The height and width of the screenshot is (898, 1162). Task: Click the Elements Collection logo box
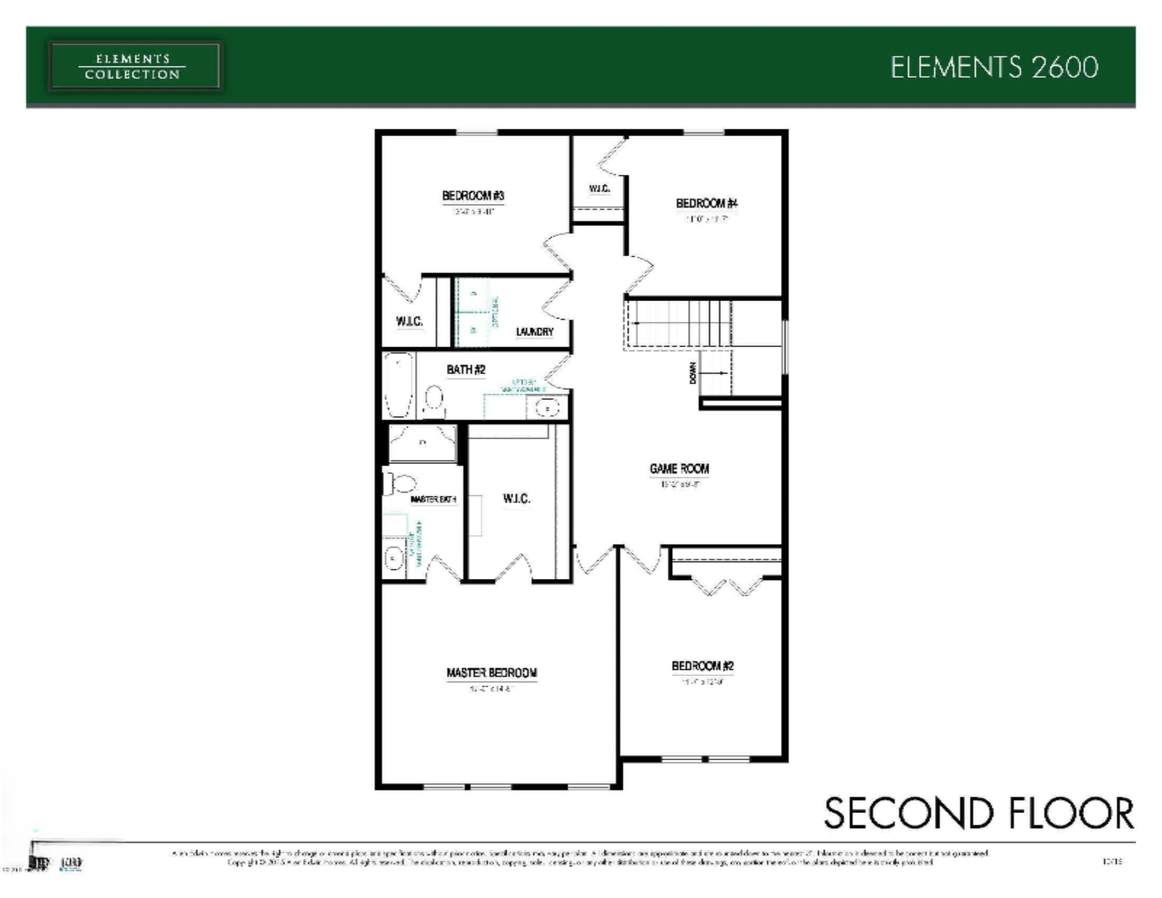(x=134, y=67)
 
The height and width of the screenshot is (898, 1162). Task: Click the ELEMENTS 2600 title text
(x=994, y=68)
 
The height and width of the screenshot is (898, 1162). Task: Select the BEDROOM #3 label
(x=473, y=196)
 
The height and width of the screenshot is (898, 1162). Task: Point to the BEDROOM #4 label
(x=706, y=203)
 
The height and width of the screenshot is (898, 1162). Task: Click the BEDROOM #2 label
(x=702, y=666)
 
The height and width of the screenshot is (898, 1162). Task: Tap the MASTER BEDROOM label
(x=492, y=673)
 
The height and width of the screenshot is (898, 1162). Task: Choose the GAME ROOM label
(x=679, y=469)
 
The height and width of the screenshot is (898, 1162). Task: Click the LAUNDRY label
(x=535, y=331)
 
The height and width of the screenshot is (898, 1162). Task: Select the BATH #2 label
(x=466, y=369)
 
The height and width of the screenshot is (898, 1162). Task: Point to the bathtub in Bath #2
(x=398, y=385)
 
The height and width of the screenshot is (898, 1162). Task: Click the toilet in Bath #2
(x=434, y=400)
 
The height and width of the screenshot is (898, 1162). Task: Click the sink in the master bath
(x=393, y=558)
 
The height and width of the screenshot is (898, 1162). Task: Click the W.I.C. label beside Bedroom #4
(x=599, y=189)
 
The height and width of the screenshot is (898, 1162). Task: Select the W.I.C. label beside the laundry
(x=409, y=321)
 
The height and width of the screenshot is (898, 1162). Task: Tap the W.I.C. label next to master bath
(x=516, y=499)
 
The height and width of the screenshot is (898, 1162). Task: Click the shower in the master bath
(x=423, y=443)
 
